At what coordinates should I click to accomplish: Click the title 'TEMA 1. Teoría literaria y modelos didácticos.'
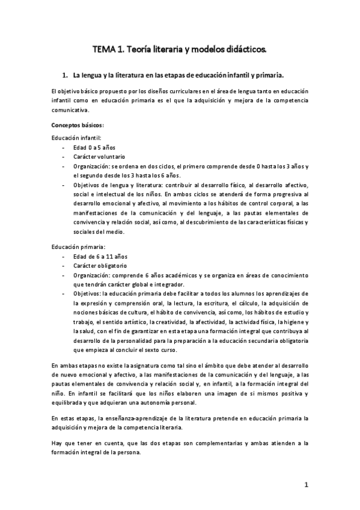pyautogui.click(x=180, y=48)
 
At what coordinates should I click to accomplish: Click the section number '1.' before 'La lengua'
pyautogui.click(x=66, y=76)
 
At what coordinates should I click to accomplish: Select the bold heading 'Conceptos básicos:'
pyautogui.click(x=78, y=125)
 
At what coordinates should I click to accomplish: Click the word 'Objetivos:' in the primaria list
pyautogui.click(x=88, y=293)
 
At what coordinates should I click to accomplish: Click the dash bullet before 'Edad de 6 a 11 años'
pyautogui.click(x=64, y=256)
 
